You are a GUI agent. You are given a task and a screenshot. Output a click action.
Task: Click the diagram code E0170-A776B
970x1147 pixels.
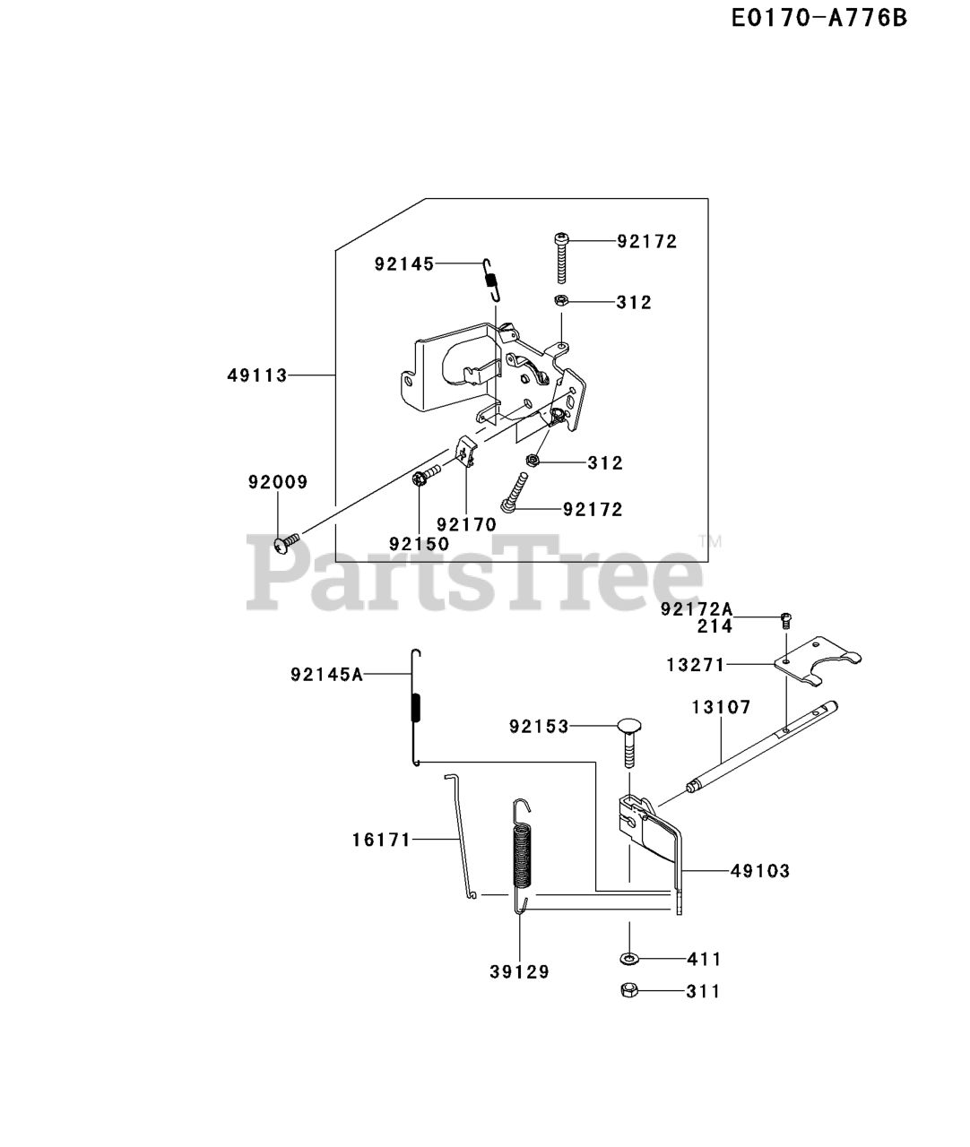coord(818,18)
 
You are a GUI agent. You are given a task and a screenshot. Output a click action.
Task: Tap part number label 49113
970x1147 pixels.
coord(257,375)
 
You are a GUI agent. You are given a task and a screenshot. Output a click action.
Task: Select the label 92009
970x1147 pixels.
coord(278,482)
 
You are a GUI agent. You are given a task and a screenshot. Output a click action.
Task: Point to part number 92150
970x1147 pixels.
coord(420,543)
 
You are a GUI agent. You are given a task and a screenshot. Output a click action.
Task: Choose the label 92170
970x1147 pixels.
coord(466,524)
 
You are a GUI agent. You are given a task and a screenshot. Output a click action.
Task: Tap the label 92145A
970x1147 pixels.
coord(326,675)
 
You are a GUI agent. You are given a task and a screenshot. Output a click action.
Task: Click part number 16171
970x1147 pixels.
coord(381,840)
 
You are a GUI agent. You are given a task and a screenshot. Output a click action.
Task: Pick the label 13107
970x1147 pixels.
coord(721,707)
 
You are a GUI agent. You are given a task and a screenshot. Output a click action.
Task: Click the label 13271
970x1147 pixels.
coord(696,665)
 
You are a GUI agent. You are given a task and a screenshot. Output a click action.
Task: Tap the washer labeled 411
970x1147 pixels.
coord(629,959)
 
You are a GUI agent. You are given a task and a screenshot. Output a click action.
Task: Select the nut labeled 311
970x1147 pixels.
coord(629,991)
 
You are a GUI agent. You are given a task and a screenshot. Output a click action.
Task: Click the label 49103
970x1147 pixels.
coord(760,870)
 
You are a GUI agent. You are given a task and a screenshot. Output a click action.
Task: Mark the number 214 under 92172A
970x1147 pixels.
coord(715,626)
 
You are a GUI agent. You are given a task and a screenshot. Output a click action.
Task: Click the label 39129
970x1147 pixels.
coord(520,971)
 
